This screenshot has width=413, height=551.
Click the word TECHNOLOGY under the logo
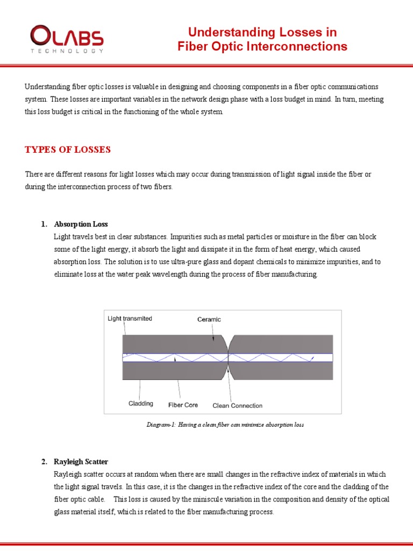[x=67, y=51]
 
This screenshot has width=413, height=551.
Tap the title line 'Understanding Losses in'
[x=262, y=32]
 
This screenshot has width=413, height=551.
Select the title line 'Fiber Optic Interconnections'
[x=262, y=47]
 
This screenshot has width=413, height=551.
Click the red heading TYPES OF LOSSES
[x=68, y=150]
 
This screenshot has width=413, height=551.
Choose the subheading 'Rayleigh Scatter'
[x=81, y=462]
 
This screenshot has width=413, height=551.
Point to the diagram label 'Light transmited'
[x=130, y=319]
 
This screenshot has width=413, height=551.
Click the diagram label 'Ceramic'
[x=209, y=319]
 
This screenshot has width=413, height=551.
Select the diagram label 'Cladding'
[x=141, y=404]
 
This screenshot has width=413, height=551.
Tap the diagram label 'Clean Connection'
[x=238, y=405]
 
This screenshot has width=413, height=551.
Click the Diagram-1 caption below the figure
[x=225, y=425]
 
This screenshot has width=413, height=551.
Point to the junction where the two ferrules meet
[x=229, y=357]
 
